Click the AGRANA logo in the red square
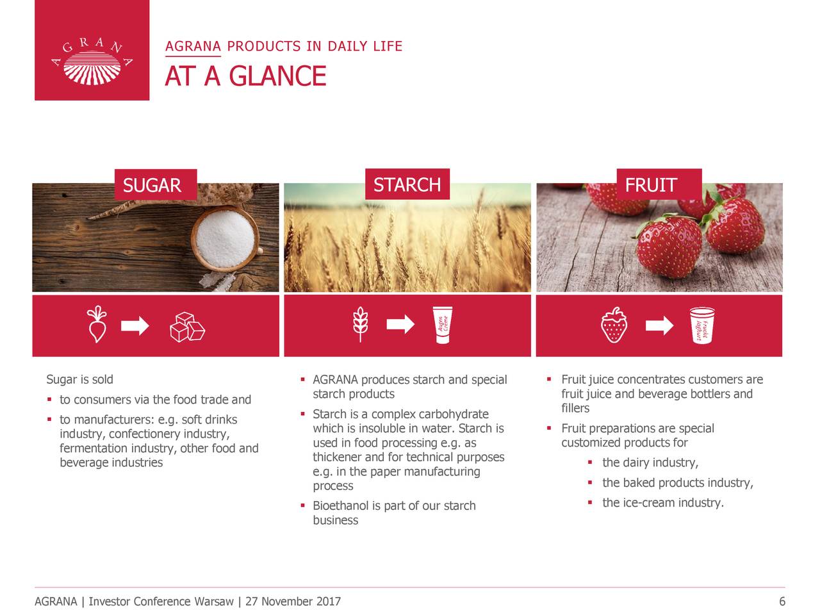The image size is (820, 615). coord(92,61)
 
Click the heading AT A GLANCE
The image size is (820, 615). coord(245,76)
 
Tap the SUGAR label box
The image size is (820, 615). coord(156,185)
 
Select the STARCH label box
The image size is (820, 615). coord(407,184)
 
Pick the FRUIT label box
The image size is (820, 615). coord(659,184)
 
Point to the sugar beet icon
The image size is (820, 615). coord(97,324)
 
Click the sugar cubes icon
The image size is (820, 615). coord(187,327)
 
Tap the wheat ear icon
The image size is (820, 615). coord(360,324)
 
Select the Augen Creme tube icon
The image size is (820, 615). coord(442,325)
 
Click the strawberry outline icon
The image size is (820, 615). coord(614,325)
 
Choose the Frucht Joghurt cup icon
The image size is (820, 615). coord(702,325)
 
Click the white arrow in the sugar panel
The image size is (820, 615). coord(135,325)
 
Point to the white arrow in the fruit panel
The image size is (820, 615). coord(659,325)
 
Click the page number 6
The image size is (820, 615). coord(782,601)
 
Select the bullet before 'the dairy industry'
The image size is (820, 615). coord(590,463)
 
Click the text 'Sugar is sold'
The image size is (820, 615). coord(79,379)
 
